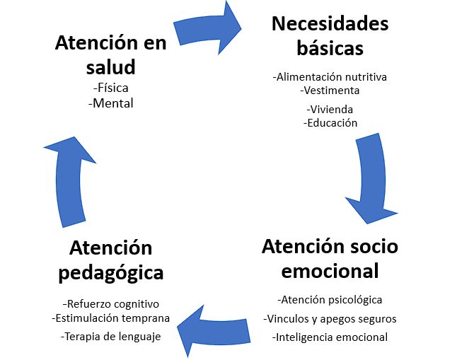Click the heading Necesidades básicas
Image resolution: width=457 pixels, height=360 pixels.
click(x=330, y=36)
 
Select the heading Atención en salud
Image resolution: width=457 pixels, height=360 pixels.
click(x=111, y=55)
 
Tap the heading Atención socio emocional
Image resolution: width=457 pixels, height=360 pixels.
click(x=330, y=258)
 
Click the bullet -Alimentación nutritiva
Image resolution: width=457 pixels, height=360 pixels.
click(x=330, y=76)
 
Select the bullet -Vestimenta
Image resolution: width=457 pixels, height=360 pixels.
click(x=330, y=90)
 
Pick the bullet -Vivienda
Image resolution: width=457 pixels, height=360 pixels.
click(x=330, y=110)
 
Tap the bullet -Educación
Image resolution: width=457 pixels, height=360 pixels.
click(x=330, y=122)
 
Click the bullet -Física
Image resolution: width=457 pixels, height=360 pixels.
click(x=112, y=88)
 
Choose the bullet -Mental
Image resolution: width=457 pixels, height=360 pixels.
click(x=112, y=103)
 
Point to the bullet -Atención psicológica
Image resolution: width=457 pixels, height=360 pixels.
click(x=330, y=299)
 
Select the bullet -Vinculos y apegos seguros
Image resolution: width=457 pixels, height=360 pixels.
click(x=330, y=318)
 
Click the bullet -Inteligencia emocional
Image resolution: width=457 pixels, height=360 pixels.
click(x=330, y=337)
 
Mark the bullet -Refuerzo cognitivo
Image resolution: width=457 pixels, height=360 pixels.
click(x=111, y=303)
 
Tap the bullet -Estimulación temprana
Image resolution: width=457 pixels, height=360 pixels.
click(x=111, y=318)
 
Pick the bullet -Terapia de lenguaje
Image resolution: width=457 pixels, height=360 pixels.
click(x=111, y=336)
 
